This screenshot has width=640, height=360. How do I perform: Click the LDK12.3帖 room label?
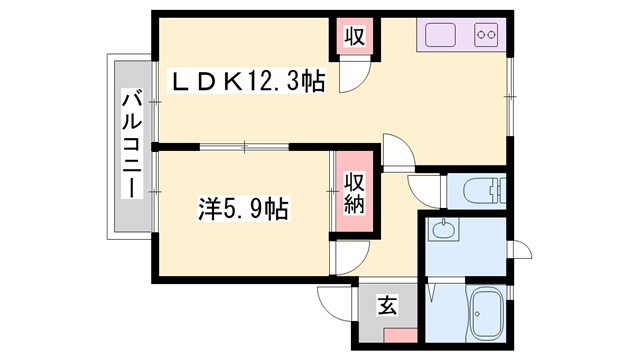[x=248, y=83]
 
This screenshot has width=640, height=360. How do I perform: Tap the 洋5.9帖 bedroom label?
[x=244, y=209]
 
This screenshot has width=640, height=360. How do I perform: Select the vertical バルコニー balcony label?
[x=132, y=145]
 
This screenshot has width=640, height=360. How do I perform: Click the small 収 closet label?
[x=354, y=36]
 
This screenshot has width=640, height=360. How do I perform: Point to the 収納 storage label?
[x=353, y=193]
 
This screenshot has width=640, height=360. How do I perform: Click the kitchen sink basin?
[x=440, y=35]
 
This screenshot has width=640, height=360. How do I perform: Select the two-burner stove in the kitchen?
[x=486, y=35]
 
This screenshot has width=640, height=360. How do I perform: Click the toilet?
[x=484, y=189]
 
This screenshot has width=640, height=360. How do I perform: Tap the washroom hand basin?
[x=442, y=229]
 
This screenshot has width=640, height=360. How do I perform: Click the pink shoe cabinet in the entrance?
[x=400, y=336]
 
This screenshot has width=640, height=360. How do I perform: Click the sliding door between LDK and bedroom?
[x=244, y=146]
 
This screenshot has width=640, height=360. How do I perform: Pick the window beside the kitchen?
[x=509, y=96]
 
